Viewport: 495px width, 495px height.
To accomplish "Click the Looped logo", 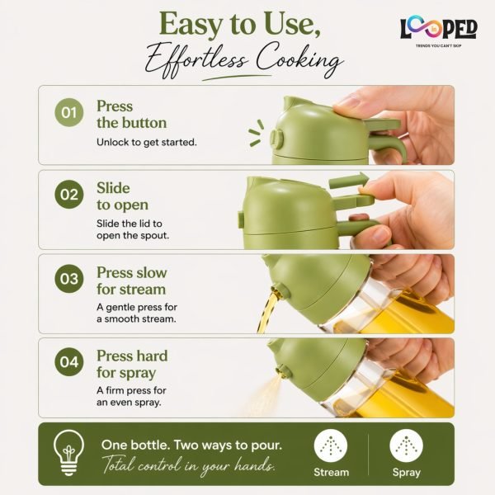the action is point(439,31).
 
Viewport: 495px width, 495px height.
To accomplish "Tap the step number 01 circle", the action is point(69,112).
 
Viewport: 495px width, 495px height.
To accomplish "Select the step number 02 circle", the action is point(69,194).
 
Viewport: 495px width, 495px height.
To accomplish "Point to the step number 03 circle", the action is point(69,279).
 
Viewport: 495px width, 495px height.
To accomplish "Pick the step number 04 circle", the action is point(69,361).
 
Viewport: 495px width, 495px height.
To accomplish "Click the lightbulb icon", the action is point(68,453).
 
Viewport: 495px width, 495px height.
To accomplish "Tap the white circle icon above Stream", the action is point(331,445).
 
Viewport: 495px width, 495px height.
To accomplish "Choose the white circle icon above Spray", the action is point(406,445).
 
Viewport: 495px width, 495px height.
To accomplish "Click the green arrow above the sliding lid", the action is point(348,181).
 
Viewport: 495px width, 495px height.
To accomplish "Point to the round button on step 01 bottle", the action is point(277,139).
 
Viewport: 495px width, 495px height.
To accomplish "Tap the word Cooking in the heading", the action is point(299,59).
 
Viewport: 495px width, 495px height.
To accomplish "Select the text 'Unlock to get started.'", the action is point(147,143).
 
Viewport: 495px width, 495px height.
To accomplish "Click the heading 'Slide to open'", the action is point(122,196).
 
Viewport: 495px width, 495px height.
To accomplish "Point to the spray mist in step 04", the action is point(264,396).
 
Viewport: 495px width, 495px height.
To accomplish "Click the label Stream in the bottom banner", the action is point(331,472).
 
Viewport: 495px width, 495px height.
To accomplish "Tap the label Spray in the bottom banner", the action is point(406,473).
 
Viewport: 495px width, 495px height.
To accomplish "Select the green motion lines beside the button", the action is point(257,133).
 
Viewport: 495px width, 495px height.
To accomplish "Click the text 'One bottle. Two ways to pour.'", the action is point(191,445).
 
